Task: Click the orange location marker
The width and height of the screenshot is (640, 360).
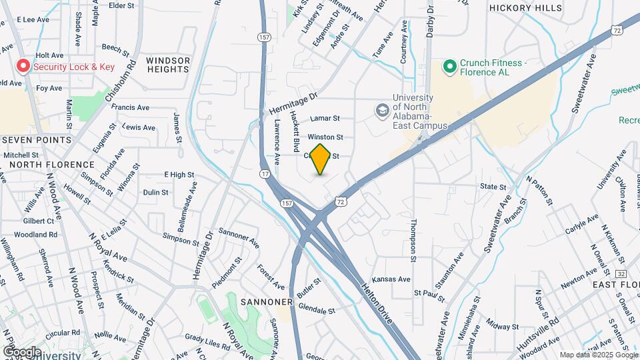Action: (321, 159)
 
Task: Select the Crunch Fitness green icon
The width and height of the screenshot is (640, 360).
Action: (449, 66)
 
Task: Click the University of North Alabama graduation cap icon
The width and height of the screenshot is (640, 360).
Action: (383, 109)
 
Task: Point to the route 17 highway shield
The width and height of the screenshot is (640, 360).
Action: (265, 173)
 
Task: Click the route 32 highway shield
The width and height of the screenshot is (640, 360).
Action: (621, 274)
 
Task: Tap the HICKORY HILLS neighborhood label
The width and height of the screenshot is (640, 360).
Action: (525, 8)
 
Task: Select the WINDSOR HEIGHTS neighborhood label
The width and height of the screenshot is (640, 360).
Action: (168, 65)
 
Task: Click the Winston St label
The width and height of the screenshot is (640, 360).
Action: (325, 137)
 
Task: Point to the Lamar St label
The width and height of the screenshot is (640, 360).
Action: (325, 119)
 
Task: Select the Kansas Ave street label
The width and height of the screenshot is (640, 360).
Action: (389, 279)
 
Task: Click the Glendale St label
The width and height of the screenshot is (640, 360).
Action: (317, 310)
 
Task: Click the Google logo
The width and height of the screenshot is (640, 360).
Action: (21, 351)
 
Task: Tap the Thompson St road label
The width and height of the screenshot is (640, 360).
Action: (413, 241)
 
